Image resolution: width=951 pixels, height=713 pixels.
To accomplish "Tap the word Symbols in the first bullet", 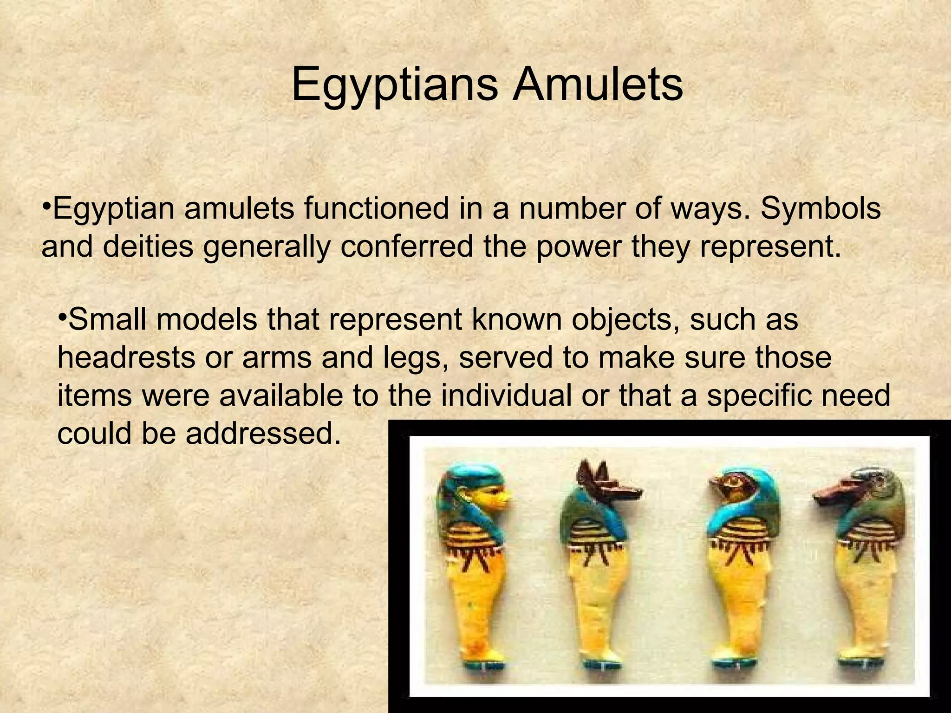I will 821,209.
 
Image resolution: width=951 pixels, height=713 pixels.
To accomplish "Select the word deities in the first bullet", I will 148,247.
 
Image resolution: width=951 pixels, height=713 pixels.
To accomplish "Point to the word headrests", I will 126,358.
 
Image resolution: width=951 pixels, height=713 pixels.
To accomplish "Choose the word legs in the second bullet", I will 411,358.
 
